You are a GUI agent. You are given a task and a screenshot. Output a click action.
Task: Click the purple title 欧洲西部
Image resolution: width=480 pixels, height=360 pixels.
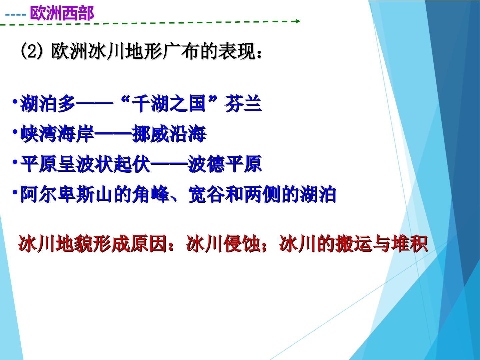[62, 13]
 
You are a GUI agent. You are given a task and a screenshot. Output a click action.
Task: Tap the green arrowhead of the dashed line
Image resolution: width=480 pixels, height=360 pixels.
[298, 21]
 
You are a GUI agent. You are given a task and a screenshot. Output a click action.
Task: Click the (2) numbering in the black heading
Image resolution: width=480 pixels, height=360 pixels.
[31, 52]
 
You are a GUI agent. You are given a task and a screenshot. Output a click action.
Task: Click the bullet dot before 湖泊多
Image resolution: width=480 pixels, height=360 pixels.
[15, 101]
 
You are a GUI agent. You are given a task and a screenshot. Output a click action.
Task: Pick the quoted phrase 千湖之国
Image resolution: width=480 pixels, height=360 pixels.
[169, 103]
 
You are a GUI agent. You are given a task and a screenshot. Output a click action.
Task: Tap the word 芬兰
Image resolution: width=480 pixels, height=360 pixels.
[243, 103]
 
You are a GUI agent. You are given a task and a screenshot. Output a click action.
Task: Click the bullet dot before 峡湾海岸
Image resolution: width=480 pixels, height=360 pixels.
[15, 132]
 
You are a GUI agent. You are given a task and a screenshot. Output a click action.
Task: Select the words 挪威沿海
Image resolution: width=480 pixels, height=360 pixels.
[169, 134]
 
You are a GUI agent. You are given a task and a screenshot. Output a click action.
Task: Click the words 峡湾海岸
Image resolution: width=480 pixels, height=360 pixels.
[57, 134]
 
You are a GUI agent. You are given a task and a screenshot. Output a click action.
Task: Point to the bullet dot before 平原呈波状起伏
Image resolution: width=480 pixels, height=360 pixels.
[15, 162]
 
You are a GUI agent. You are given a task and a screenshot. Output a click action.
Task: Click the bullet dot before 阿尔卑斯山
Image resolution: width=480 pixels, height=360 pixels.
[15, 192]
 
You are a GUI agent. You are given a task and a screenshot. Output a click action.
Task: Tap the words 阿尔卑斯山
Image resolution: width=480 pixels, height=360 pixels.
[66, 194]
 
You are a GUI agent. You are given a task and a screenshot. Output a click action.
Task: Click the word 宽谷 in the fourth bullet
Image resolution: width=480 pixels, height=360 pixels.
[206, 194]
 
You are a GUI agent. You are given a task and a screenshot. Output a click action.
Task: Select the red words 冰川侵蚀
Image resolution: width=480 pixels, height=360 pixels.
[223, 244]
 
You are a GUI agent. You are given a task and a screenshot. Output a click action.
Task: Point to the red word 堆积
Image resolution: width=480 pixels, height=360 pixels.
[409, 244]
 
